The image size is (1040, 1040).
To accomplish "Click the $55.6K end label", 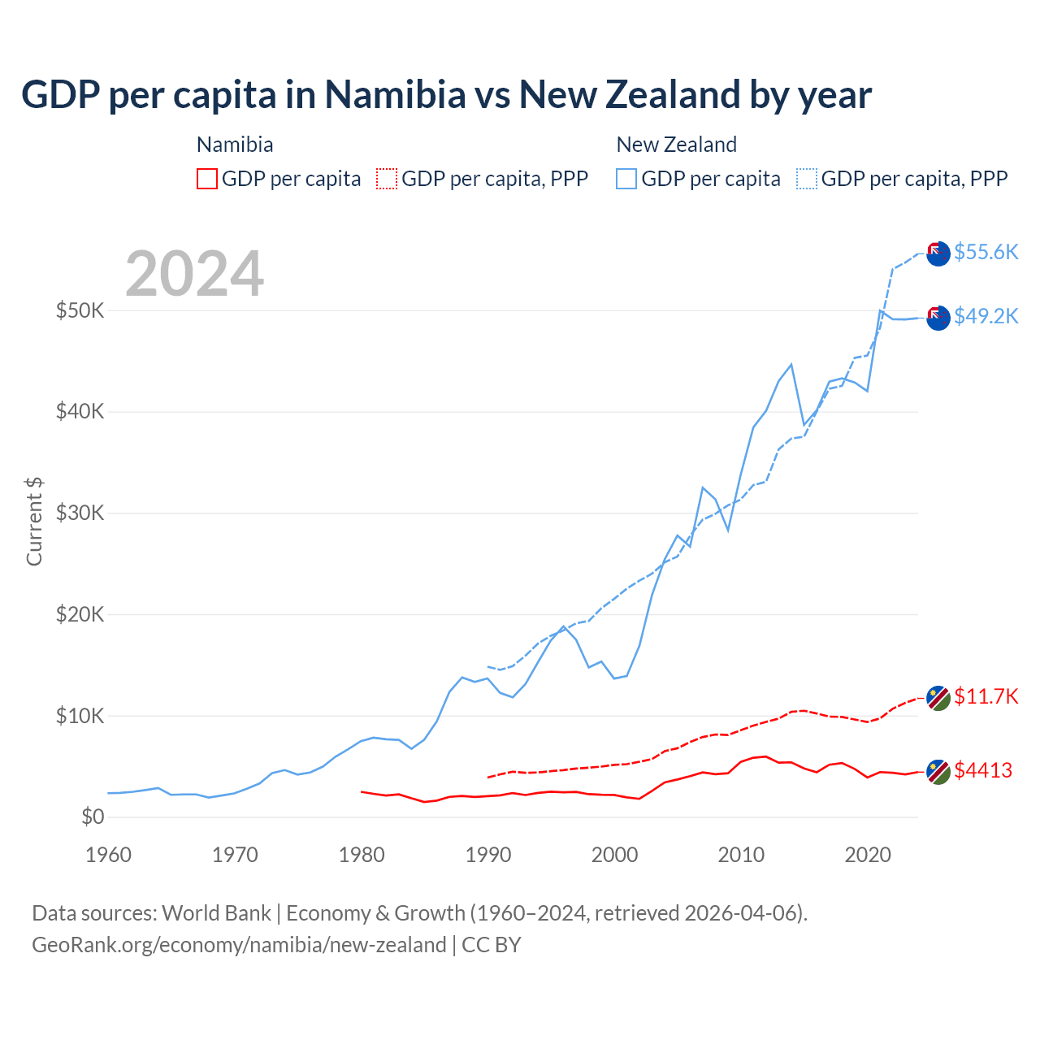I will [986, 252].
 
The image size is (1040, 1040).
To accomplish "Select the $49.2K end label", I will [986, 316].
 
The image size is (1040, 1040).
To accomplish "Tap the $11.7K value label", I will [986, 696].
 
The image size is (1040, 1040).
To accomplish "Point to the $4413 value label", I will [983, 770].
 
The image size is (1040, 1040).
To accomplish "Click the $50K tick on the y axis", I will [80, 310].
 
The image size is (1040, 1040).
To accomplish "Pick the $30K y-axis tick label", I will [80, 513].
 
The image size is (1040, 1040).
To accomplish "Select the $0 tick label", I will [93, 817].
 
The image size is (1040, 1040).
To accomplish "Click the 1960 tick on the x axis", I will [108, 855].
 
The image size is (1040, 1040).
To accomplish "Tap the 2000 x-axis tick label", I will [614, 855].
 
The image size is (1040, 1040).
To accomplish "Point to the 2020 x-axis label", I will [868, 855].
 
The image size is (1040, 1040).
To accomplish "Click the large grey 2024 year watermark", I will [194, 274].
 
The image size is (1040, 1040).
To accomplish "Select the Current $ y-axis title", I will [34, 522].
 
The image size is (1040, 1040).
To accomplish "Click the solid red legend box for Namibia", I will [207, 179].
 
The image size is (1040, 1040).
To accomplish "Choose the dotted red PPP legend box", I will [387, 179].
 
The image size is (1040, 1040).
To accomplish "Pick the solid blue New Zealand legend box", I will [626, 179].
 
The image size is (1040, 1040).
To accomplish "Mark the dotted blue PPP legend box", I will [807, 179].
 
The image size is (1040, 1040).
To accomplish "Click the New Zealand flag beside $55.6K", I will [938, 253].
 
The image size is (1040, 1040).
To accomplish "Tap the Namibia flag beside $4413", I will [938, 772].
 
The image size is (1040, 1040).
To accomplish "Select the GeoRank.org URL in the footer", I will [239, 945].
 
